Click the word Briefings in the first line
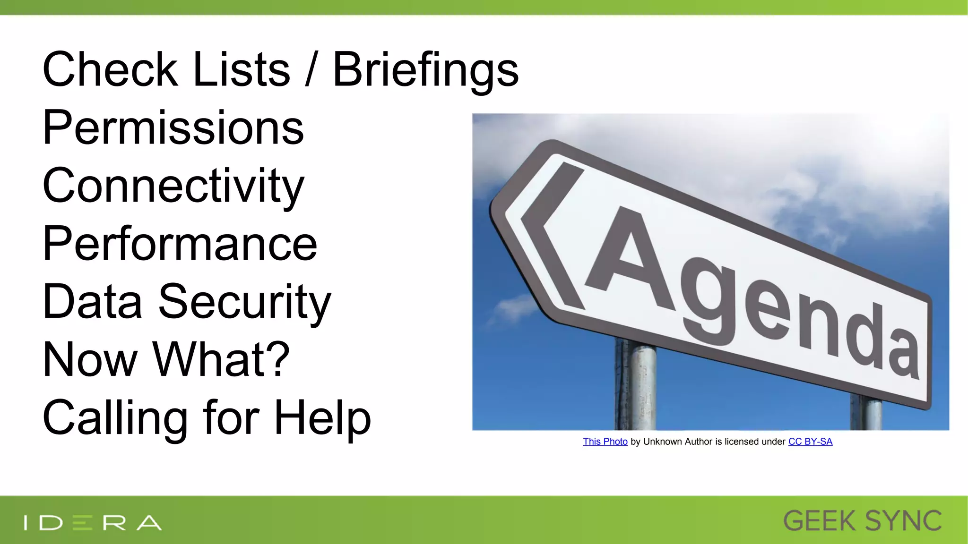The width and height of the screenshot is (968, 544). coord(425,71)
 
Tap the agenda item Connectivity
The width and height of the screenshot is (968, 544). coord(173,187)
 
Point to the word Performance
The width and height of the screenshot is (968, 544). coord(180,244)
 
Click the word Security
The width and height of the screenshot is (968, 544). coord(244,302)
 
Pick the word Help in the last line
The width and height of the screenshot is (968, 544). coord(322,417)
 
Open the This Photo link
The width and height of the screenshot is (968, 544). coord(605,442)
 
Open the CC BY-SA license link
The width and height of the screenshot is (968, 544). coord(810,442)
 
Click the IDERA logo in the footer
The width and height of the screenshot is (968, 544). coord(93,523)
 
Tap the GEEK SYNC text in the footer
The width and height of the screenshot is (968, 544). coord(862,521)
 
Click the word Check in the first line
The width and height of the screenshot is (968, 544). coord(110,71)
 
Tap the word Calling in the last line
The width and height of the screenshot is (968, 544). coord(115,418)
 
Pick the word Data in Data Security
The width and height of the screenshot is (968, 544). coord(92,302)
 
